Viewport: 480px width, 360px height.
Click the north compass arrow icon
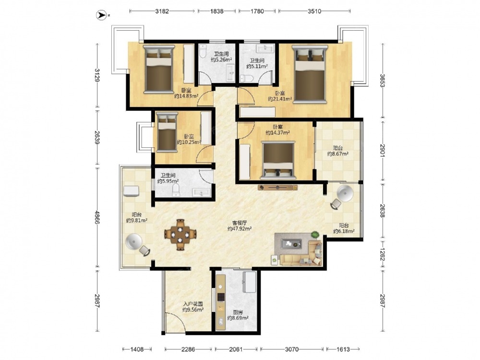[101, 15]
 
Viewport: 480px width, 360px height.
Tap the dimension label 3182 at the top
[162, 12]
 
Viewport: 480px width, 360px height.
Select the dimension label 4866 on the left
[97, 217]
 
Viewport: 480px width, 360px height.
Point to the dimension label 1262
[383, 254]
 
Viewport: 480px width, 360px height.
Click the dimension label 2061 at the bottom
[236, 349]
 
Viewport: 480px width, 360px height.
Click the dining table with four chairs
[180, 235]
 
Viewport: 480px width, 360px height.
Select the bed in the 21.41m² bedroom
[310, 74]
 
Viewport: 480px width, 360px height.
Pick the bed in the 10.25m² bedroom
[167, 132]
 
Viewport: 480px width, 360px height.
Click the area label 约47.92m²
[240, 228]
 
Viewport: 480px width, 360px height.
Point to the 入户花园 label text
[193, 304]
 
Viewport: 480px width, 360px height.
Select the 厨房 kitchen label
[238, 312]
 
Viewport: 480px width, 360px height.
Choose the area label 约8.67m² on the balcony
[337, 154]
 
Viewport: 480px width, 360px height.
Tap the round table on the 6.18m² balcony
[345, 193]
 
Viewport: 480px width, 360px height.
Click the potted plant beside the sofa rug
[315, 235]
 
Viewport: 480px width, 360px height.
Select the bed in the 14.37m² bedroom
[278, 160]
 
